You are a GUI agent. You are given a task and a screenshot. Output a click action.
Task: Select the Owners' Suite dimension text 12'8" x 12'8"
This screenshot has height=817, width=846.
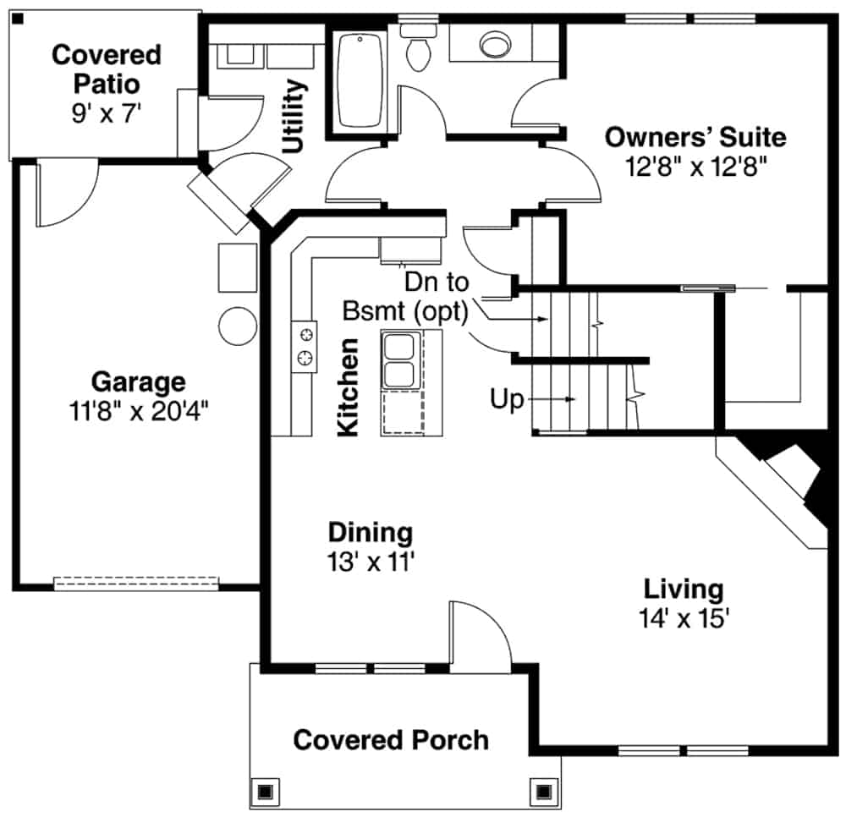[x=695, y=167]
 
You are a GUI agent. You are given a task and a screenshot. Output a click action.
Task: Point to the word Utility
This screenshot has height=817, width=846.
[x=294, y=115]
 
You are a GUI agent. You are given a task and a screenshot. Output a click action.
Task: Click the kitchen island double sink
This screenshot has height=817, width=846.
[x=397, y=360]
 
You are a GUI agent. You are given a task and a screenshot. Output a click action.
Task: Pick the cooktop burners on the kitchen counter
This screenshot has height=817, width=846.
[x=305, y=346]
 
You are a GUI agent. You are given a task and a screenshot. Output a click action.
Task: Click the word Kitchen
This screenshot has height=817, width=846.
[x=348, y=387]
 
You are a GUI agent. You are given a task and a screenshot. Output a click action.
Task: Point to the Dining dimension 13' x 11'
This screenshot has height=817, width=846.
[x=371, y=561]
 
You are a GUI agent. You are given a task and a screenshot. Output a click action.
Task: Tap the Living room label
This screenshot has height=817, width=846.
[x=684, y=589]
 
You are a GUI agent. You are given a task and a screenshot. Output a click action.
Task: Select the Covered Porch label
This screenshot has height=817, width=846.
[x=391, y=740]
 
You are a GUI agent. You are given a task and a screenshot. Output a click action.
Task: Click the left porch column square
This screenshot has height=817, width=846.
[x=265, y=792]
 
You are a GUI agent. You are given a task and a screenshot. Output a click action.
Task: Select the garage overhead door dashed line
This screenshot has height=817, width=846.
[x=136, y=583]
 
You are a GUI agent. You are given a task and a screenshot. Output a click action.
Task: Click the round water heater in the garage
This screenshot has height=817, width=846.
[x=238, y=325]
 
